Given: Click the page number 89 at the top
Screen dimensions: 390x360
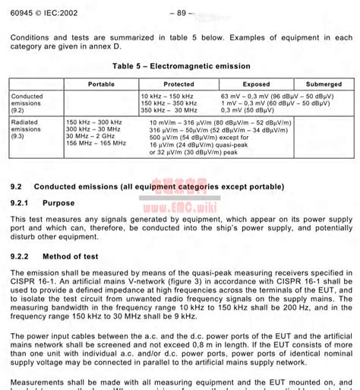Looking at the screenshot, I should [182, 12].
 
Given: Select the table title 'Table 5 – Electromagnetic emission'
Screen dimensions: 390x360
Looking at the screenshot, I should [180, 66].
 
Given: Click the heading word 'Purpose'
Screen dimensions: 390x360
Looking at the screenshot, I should [58, 203].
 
